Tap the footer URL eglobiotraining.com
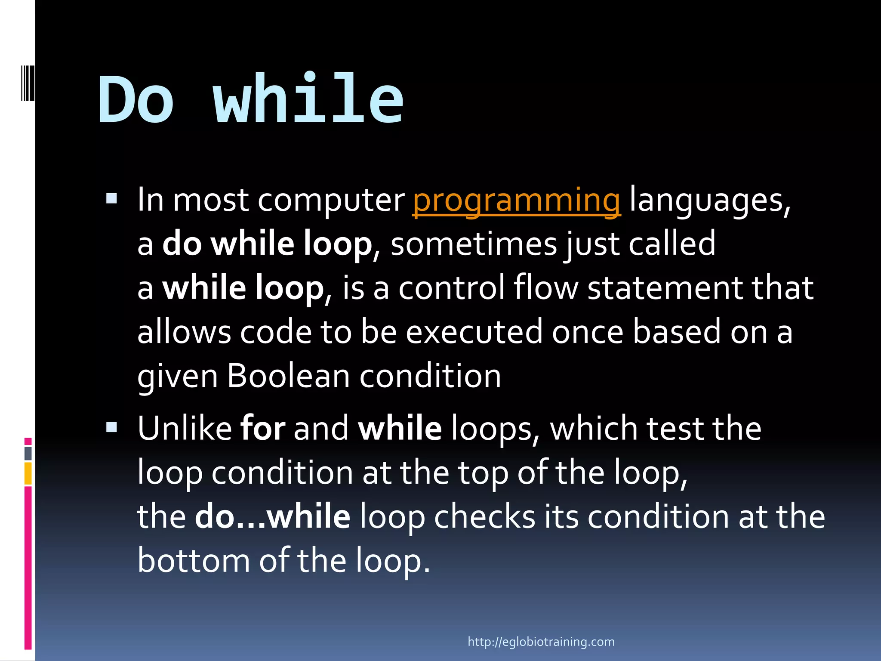pyautogui.click(x=541, y=642)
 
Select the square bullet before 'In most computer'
pyautogui.click(x=111, y=198)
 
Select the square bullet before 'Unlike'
pyautogui.click(x=111, y=427)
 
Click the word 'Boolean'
pyautogui.click(x=288, y=376)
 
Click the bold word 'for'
pyautogui.click(x=262, y=429)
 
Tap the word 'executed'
pyautogui.click(x=474, y=332)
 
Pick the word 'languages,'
pyautogui.click(x=710, y=201)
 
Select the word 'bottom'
pyautogui.click(x=194, y=560)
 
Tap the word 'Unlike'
pyautogui.click(x=185, y=429)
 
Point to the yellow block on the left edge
pyautogui.click(x=28, y=473)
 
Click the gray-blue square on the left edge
pyautogui.click(x=28, y=453)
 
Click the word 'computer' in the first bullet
pyautogui.click(x=331, y=201)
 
